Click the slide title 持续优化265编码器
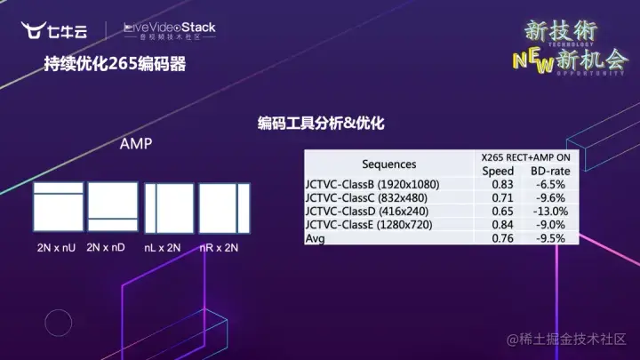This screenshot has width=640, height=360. (116, 65)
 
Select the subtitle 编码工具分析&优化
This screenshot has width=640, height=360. (321, 124)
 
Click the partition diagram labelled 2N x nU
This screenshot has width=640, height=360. (58, 207)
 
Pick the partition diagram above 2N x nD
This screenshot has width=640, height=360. (113, 207)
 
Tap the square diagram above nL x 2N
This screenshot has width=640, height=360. (169, 208)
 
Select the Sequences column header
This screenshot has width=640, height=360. (388, 164)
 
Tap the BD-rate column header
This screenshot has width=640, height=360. (549, 171)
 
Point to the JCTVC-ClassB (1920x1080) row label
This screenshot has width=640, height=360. (374, 185)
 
